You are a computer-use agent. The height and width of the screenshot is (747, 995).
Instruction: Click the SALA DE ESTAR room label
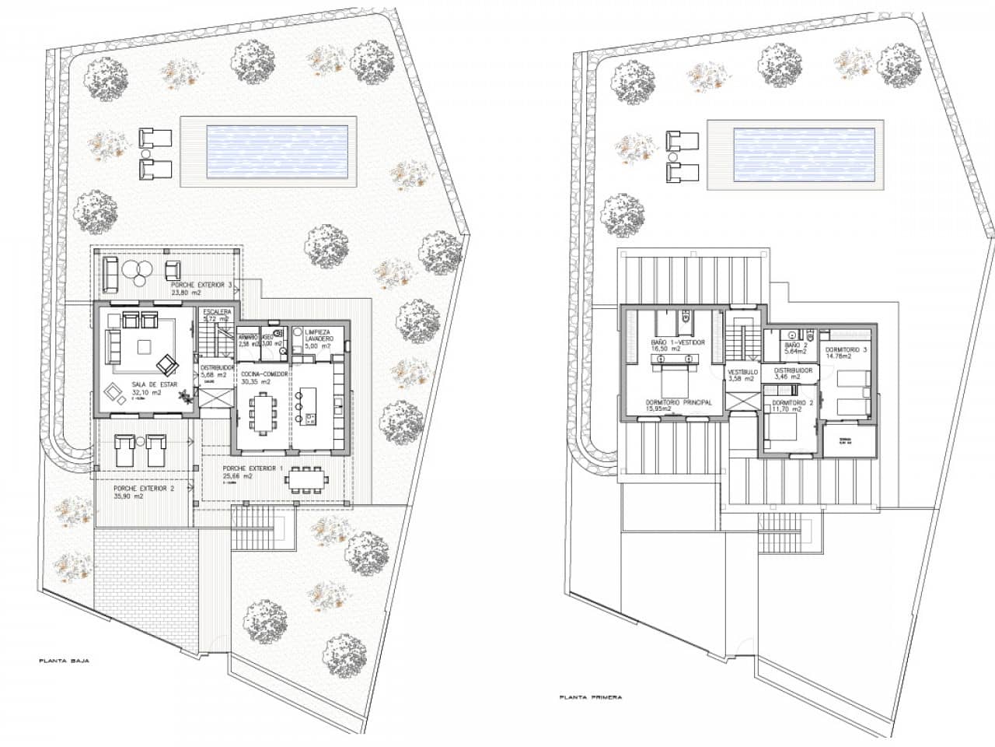coord(146,384)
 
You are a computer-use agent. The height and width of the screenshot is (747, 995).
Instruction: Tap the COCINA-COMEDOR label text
coord(264,373)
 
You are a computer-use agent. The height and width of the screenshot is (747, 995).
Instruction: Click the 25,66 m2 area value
coord(237,475)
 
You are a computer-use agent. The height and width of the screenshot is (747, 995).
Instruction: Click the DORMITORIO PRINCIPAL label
coord(679,402)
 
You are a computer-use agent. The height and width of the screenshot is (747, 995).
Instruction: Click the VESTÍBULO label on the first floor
coord(742,372)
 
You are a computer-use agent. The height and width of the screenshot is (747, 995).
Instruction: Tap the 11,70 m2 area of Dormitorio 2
coord(791,409)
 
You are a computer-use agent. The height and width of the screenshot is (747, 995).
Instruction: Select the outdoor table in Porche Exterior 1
coord(305,479)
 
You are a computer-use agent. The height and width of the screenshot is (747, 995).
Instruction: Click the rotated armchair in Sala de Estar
coord(167,364)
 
